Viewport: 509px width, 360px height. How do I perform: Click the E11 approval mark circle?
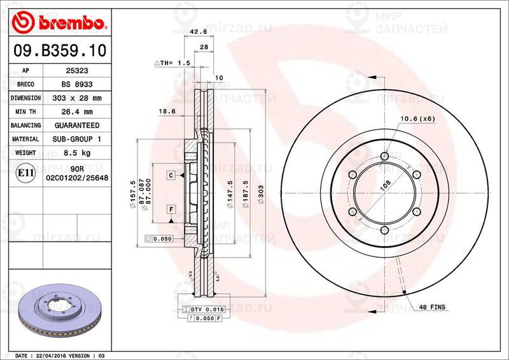pos(25,172)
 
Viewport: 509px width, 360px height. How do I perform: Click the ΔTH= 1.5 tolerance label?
pos(172,63)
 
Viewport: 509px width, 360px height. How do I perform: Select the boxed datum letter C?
pos(171,174)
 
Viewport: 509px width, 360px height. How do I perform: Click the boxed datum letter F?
pos(171,209)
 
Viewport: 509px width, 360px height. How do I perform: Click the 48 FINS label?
pos(431,307)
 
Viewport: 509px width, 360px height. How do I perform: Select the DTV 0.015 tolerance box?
pos(202,308)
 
